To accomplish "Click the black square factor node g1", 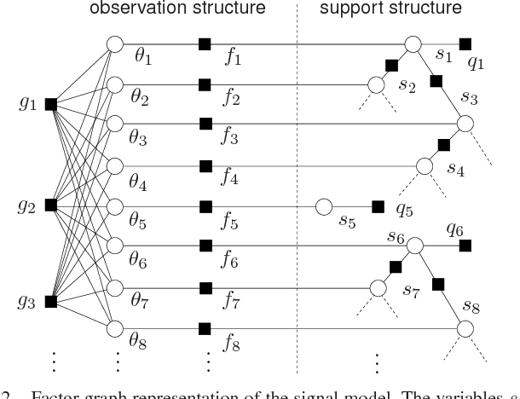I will tap(50, 104).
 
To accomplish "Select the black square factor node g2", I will tap(50, 205).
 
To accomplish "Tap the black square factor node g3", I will tap(50, 301).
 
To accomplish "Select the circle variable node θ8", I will tap(113, 328).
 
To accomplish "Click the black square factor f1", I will tap(204, 43).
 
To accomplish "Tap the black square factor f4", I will tap(205, 165).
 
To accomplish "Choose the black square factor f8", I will tap(204, 328).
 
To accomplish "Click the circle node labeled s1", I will tap(414, 43).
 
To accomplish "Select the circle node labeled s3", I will tap(465, 124).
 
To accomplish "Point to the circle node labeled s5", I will tap(323, 206).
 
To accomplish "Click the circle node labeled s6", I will tap(414, 246).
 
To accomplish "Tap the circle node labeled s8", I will tap(465, 327).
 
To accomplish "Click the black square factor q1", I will tap(465, 43).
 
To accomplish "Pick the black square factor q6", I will tap(465, 246).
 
